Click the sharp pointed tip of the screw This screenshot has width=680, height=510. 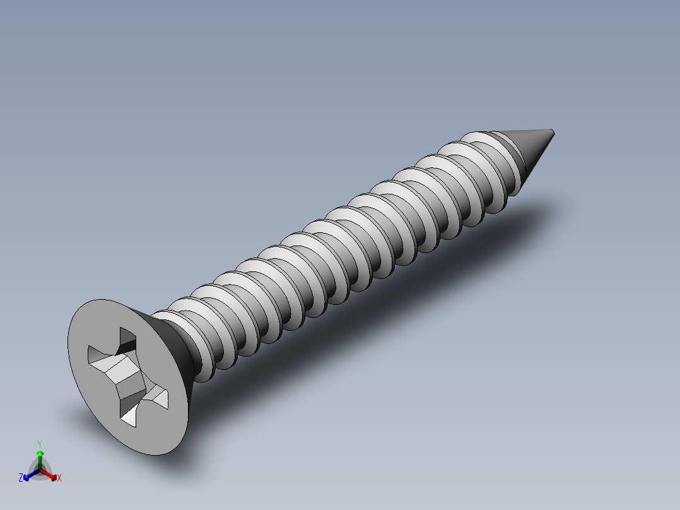pyautogui.click(x=552, y=132)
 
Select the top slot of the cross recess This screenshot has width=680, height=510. pyautogui.click(x=127, y=341)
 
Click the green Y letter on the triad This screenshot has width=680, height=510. pyautogui.click(x=39, y=444)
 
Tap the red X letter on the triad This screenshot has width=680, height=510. pyautogui.click(x=59, y=478)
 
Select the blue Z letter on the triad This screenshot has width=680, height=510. pyautogui.click(x=21, y=478)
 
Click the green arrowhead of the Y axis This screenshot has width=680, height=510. pyautogui.click(x=39, y=454)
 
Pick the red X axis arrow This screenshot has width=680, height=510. pyautogui.click(x=51, y=475)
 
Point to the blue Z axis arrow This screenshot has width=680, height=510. pyautogui.click(x=28, y=475)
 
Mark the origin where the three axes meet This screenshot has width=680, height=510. pyautogui.click(x=40, y=469)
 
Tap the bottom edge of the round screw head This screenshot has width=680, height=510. pyautogui.click(x=158, y=453)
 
